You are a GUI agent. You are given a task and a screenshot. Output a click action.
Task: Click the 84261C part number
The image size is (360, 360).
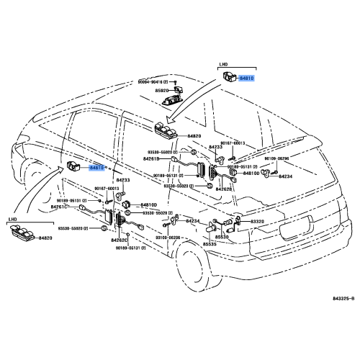(59, 207)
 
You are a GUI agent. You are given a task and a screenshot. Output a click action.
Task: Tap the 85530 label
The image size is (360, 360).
(222, 236)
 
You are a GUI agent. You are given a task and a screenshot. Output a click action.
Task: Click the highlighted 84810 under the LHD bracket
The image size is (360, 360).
(246, 78)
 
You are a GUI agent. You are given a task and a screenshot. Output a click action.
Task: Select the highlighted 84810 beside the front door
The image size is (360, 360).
(96, 167)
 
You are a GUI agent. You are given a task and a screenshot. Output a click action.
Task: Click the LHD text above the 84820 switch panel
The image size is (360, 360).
(12, 218)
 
